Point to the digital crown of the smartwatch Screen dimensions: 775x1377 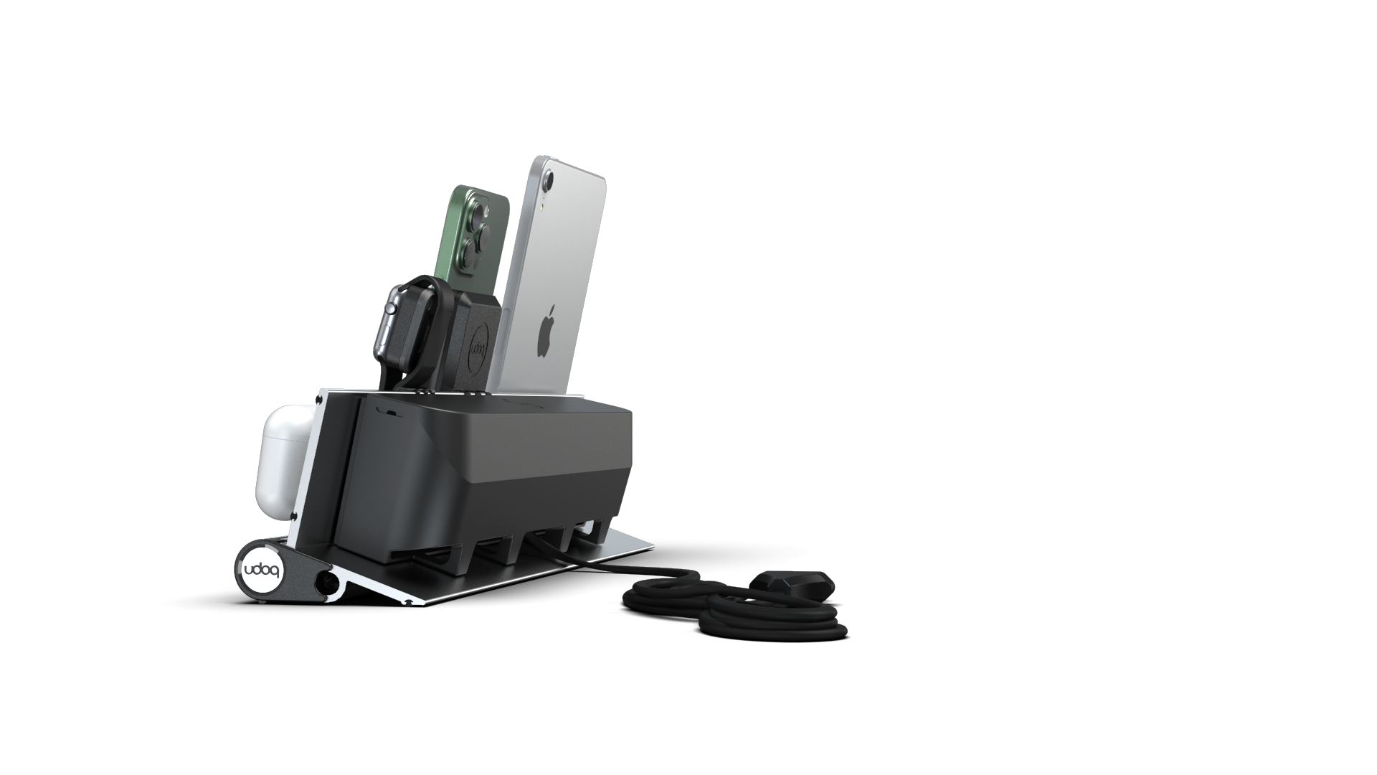point(391,309)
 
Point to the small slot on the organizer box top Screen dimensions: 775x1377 point(391,410)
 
